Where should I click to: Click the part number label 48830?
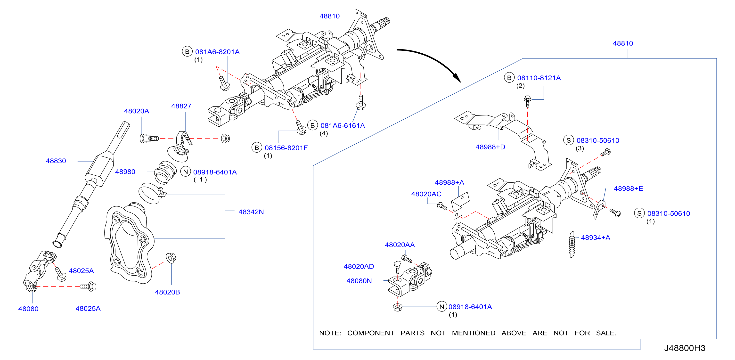[x=56, y=161]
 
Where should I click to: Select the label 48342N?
[x=251, y=212]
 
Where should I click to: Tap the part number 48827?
[x=181, y=106]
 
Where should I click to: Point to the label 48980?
[x=125, y=172]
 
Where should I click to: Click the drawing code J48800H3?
[x=685, y=348]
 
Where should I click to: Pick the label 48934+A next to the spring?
[x=596, y=238]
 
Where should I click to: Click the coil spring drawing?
[x=572, y=245]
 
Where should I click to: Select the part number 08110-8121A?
[x=539, y=78]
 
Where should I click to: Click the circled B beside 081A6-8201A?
[x=187, y=52]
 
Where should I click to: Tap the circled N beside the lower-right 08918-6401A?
[x=442, y=307]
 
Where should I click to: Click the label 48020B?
[x=167, y=292]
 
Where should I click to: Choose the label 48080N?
[x=359, y=281]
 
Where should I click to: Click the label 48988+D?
[x=490, y=147]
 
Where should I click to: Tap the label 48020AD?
[x=359, y=266]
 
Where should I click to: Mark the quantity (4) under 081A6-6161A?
[x=324, y=133]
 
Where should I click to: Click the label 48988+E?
[x=628, y=188]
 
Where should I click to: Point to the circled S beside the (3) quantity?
[x=569, y=140]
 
